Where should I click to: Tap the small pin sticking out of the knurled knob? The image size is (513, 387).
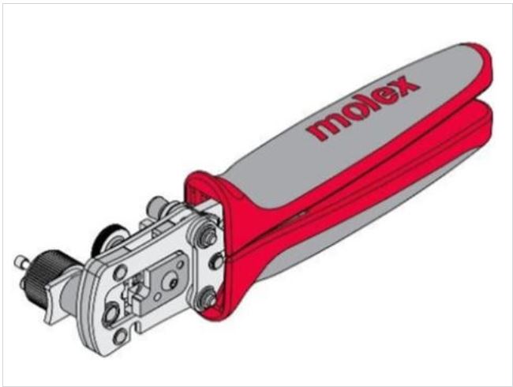tap(21, 261)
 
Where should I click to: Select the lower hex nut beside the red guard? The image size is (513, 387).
tap(207, 299)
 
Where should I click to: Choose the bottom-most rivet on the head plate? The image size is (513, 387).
tap(119, 336)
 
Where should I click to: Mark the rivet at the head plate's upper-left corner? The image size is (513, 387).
tap(121, 272)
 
